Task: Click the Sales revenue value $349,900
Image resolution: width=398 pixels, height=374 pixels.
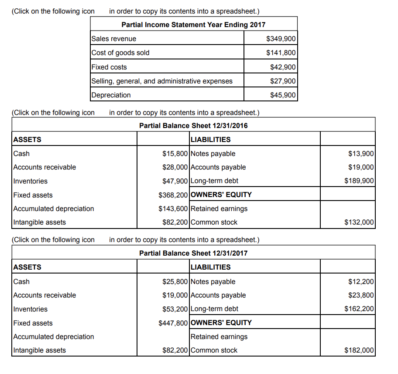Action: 281,39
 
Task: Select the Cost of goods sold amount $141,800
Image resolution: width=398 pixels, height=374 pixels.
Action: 281,53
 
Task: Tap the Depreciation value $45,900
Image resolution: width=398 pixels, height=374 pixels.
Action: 283,95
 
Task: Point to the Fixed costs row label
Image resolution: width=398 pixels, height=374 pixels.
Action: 109,67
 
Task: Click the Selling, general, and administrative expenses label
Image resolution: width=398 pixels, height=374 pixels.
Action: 162,81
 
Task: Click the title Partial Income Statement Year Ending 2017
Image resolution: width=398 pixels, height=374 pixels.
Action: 193,24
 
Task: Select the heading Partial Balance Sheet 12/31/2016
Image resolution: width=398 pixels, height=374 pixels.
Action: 193,126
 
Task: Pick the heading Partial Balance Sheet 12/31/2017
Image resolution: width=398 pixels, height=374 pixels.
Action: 193,253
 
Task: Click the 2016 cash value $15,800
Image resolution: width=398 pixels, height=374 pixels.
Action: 175,154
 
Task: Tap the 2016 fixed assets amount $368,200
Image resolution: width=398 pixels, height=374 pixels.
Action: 173,195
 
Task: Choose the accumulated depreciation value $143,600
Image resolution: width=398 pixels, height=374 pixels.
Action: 173,209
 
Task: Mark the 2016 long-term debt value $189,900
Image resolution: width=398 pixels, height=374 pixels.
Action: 359,181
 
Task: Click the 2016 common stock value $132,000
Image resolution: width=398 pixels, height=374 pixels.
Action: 359,222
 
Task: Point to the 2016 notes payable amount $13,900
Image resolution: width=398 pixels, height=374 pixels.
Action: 361,154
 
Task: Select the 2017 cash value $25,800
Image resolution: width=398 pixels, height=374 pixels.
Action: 175,282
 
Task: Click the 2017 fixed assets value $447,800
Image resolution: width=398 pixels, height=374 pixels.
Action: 173,323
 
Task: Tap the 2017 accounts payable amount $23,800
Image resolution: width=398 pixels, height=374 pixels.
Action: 361,295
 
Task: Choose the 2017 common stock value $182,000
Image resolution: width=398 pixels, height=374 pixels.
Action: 359,350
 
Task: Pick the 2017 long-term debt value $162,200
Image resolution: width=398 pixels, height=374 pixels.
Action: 359,309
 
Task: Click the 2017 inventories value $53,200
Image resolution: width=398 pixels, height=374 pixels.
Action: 175,309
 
